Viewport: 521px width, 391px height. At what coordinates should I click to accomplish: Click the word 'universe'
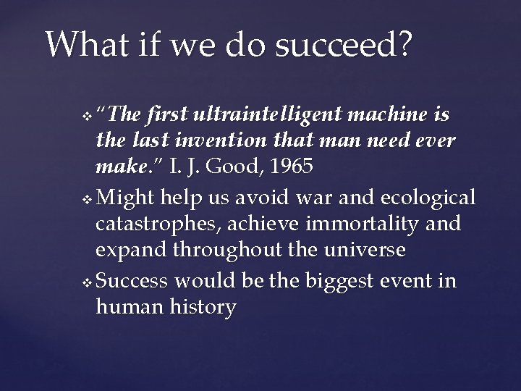[x=366, y=250]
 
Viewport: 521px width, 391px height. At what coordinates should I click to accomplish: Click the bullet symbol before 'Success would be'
[x=88, y=282]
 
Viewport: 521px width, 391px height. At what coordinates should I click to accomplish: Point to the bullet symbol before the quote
[x=88, y=117]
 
